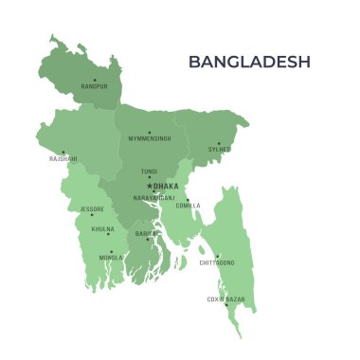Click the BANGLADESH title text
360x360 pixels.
coord(249,62)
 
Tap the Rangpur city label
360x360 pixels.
coord(94,87)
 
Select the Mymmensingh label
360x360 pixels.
coord(150,139)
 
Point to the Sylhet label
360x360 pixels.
coord(220,149)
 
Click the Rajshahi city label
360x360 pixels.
coord(63,159)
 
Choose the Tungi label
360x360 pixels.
coord(149,171)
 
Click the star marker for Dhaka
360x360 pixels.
coord(149,186)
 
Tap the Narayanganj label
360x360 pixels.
coord(153,198)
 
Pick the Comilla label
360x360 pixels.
coord(188,206)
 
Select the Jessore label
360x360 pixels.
coord(92,208)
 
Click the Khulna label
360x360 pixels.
coord(102,229)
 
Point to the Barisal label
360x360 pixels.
coord(147,233)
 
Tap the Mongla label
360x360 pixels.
coord(111,258)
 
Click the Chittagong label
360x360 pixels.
coord(217,262)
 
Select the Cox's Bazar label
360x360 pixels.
coord(225,299)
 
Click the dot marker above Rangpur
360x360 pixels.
coord(95,80)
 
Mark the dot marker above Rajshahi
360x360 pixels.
coord(63,152)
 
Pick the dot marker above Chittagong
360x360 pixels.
coord(217,256)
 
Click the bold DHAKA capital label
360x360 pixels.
coord(165,187)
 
